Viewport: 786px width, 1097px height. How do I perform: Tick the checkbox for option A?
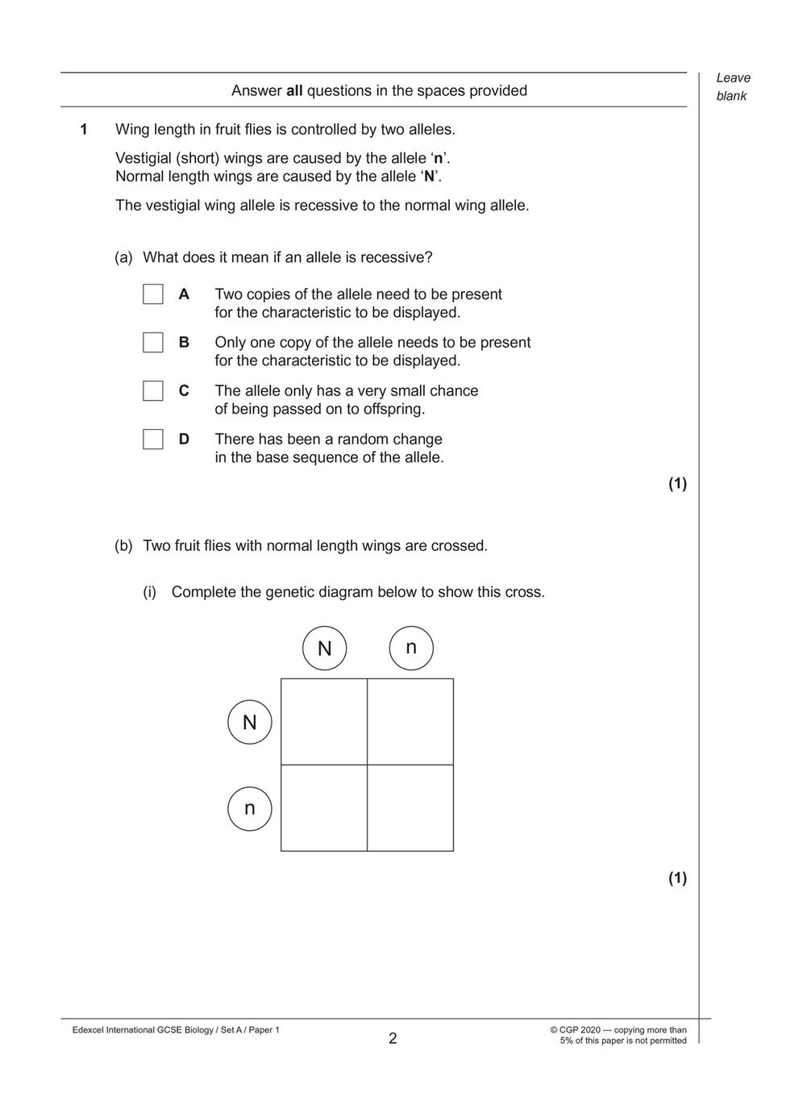[153, 294]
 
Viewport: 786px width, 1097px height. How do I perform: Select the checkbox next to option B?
[153, 343]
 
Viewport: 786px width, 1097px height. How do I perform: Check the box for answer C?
[153, 391]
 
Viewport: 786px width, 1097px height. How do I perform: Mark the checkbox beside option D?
[153, 440]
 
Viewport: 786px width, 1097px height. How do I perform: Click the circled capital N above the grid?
[324, 649]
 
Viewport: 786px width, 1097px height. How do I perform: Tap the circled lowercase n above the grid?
[411, 648]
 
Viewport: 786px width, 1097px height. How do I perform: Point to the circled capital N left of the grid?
[250, 722]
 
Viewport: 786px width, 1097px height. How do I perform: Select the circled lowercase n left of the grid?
[250, 808]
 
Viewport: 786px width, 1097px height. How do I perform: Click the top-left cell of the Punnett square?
[324, 722]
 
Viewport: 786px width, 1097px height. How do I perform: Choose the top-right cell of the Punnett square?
[410, 722]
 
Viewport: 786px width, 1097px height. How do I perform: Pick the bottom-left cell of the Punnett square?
[324, 808]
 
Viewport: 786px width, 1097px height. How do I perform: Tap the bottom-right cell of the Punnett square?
[410, 808]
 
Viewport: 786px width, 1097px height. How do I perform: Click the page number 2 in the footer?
[393, 1039]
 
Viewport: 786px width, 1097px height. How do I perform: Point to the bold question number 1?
[83, 129]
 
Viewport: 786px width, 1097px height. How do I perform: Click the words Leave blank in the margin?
[733, 87]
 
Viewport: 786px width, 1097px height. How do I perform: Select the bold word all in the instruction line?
[294, 91]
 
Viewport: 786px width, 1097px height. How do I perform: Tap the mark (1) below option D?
[677, 484]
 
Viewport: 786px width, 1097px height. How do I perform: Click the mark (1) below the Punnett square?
[677, 878]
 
